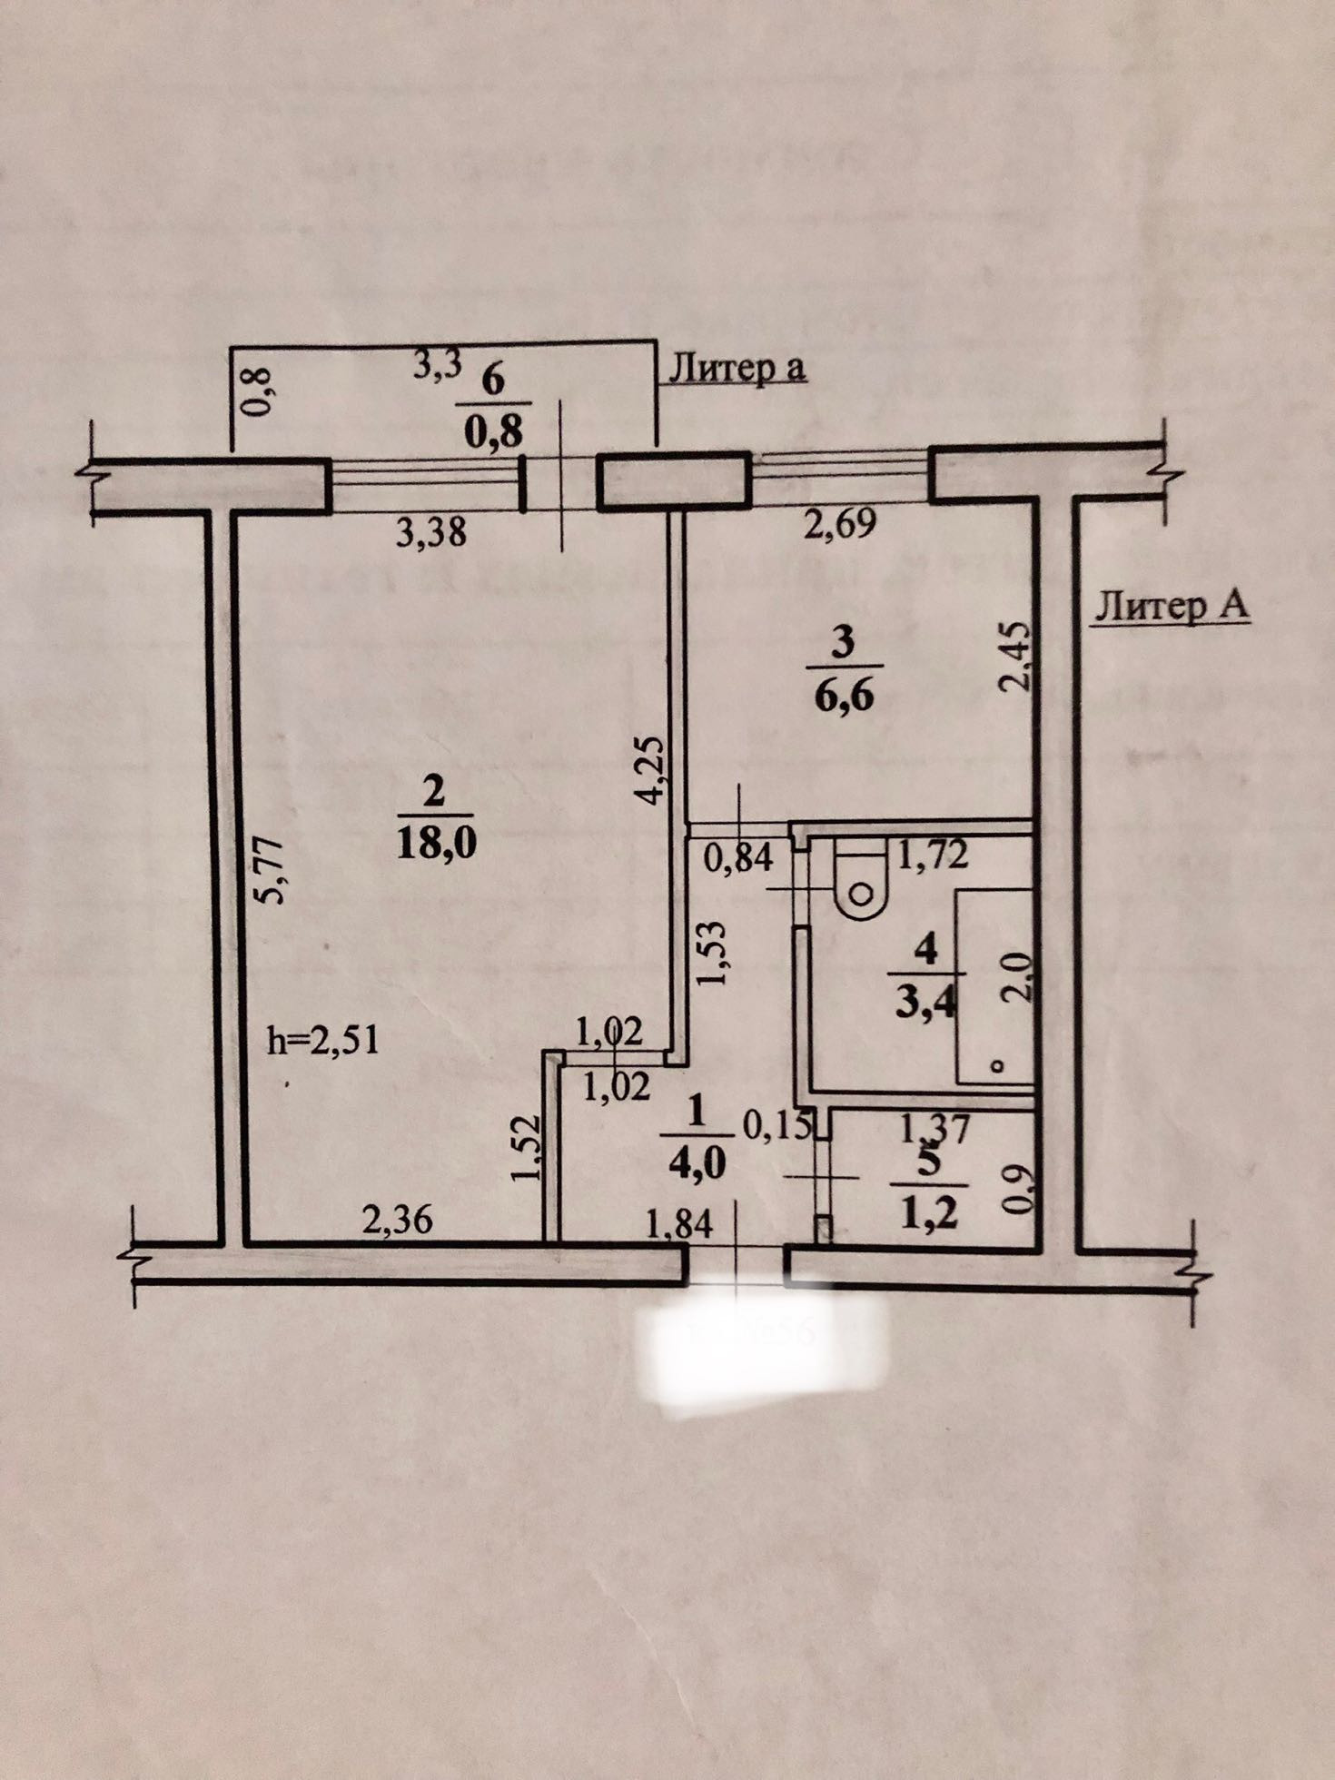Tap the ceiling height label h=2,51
[322, 1039]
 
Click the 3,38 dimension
[431, 532]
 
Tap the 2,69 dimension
[840, 523]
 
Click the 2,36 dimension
[397, 1221]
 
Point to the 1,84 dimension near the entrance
[678, 1225]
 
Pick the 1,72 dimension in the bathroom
[933, 855]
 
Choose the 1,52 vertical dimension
[527, 1150]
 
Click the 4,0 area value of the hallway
[699, 1163]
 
